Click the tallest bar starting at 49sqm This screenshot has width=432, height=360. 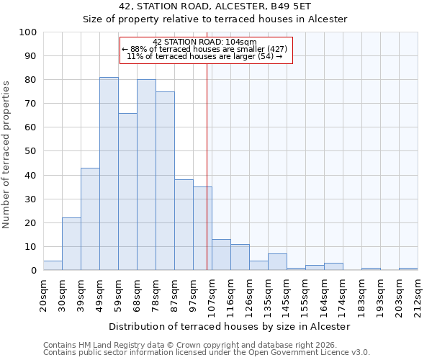109,174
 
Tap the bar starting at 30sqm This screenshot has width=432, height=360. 71,244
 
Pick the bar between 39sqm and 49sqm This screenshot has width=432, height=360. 90,219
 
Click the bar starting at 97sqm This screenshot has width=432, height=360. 202,228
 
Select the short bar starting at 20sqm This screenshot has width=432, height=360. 53,266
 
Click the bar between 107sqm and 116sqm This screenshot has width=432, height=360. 221,255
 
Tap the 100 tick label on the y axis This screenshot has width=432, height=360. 28,32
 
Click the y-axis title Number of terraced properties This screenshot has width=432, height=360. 6,154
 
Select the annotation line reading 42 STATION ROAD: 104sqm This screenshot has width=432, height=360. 204,42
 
